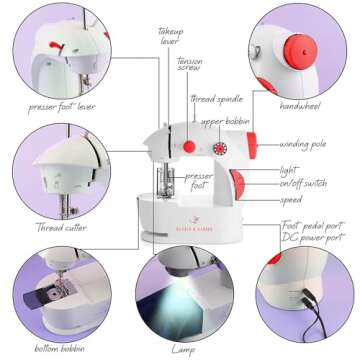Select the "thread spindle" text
(x=218, y=98)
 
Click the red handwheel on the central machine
(x=240, y=184)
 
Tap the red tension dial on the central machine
(x=188, y=147)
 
